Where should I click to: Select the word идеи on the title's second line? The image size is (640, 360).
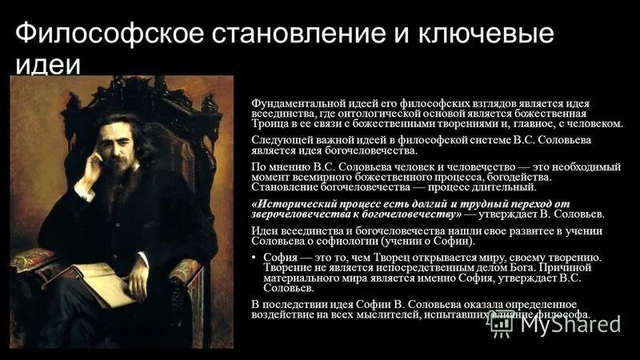click(49, 65)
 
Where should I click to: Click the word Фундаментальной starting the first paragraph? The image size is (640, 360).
click(298, 104)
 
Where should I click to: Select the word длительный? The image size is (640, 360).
click(502, 187)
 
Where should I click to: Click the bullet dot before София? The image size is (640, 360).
click(255, 258)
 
